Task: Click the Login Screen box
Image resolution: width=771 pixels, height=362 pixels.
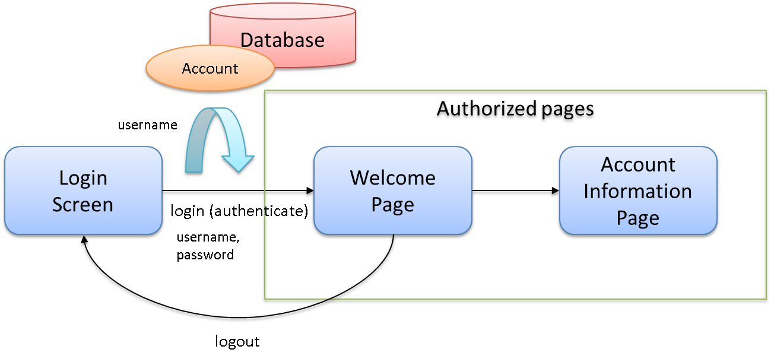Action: click(83, 191)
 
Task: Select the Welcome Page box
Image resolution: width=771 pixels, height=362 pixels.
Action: click(392, 191)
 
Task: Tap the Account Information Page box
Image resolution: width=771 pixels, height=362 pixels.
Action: click(638, 191)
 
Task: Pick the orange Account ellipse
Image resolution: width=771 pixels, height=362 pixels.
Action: click(210, 69)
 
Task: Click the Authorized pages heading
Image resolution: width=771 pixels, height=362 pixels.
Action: click(514, 111)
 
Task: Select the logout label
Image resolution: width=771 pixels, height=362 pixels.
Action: click(237, 342)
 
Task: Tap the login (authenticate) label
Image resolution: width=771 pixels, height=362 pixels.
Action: click(239, 211)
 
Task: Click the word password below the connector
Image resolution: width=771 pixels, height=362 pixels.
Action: click(205, 255)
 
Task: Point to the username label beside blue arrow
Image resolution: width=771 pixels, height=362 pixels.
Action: click(148, 125)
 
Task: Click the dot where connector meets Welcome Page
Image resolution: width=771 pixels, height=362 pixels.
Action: click(307, 192)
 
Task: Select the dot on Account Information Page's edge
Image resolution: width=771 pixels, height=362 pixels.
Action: click(553, 192)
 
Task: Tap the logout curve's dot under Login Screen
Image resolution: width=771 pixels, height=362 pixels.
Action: click(84, 243)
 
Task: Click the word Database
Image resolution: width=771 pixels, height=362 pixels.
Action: click(283, 40)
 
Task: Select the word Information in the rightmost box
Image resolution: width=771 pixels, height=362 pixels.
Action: click(638, 191)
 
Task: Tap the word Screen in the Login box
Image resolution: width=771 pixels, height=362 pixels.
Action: click(83, 205)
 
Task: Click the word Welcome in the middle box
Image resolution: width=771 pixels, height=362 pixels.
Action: click(392, 177)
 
